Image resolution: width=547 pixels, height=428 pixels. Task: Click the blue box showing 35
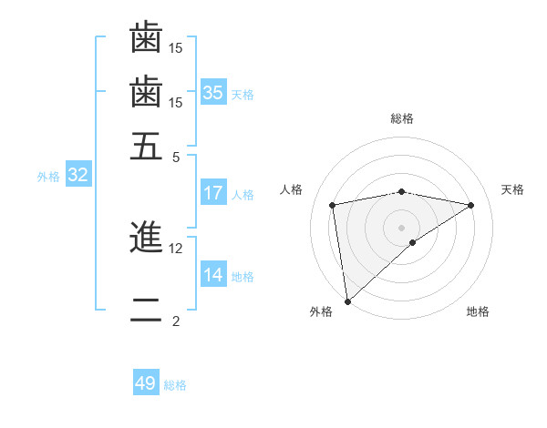coord(213,92)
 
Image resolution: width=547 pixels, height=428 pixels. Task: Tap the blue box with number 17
coord(213,193)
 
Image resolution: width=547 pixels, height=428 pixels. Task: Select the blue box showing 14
coord(213,275)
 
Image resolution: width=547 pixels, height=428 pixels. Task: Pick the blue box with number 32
coord(77,176)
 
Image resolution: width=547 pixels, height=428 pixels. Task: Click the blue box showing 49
coord(146,383)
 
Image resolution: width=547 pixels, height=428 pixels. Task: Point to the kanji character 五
coord(146,146)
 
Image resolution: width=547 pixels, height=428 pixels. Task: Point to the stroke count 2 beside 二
coord(176,321)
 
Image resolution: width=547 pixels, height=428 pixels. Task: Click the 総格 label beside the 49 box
coord(176,385)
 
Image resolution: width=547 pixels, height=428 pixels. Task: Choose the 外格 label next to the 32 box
coord(48,177)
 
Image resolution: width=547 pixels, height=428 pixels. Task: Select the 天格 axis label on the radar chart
coord(512,189)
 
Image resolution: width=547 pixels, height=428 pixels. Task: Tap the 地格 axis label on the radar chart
coord(478,312)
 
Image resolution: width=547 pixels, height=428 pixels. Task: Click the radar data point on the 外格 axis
coord(346,301)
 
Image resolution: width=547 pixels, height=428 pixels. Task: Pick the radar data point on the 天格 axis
coord(471,205)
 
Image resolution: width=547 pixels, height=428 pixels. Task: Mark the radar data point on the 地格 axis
coord(413,242)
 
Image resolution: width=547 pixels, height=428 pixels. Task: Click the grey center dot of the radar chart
coord(402,227)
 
